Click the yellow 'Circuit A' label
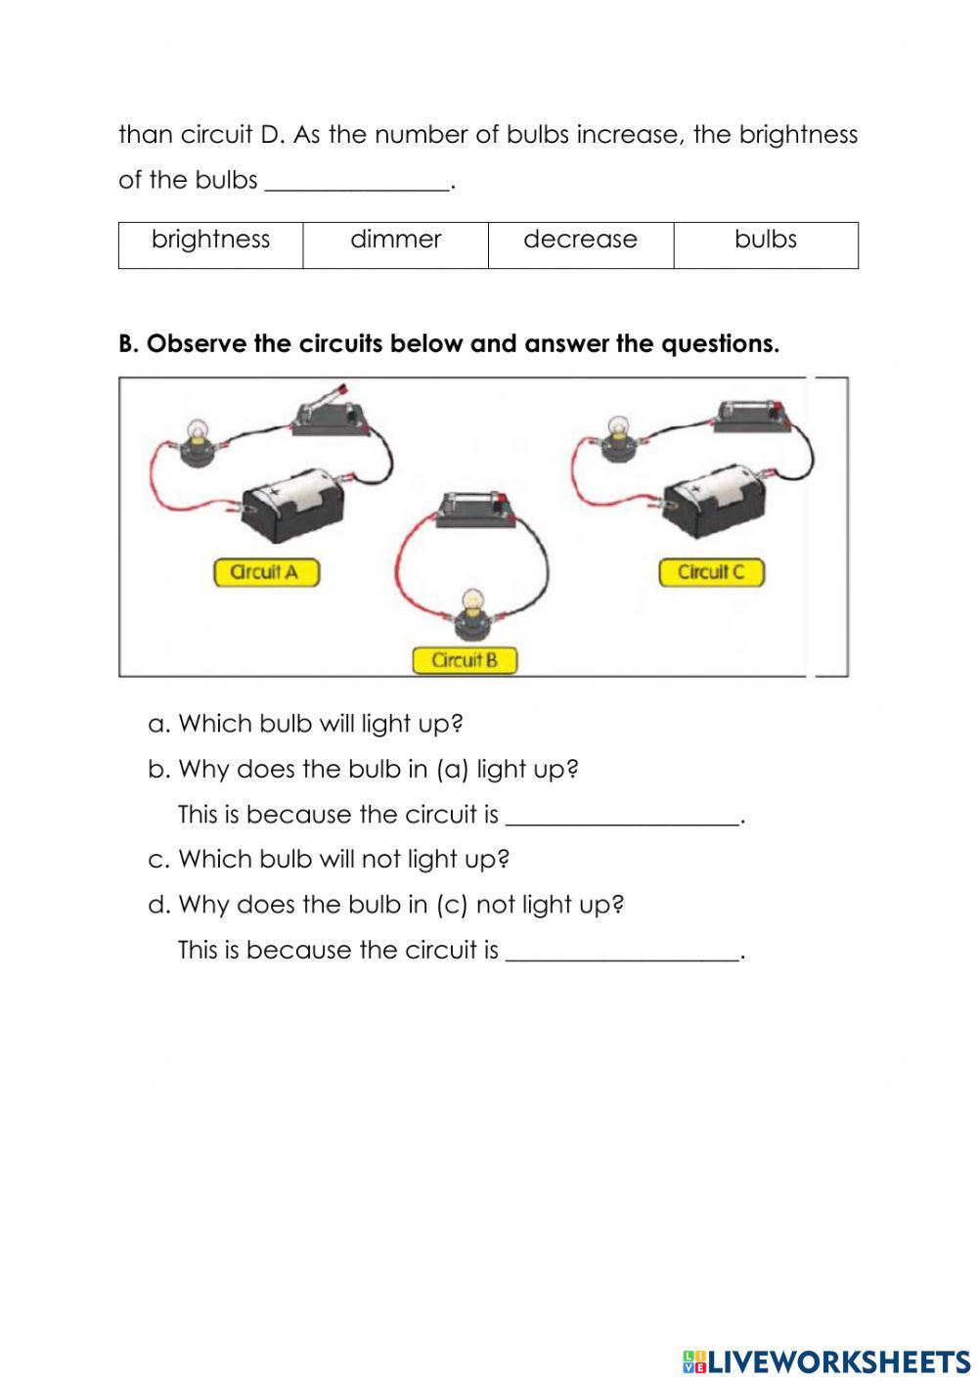[266, 572]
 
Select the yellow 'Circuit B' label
[465, 660]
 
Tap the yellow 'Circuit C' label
[711, 572]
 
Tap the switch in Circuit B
[475, 510]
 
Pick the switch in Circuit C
[752, 414]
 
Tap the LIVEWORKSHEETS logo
[826, 1360]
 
